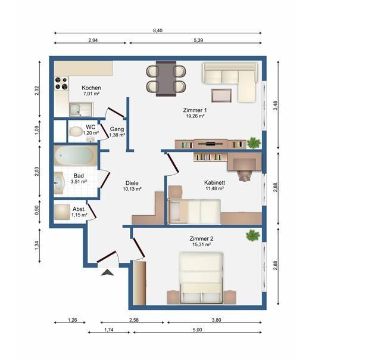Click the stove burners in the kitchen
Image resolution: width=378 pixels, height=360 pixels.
click(61, 83)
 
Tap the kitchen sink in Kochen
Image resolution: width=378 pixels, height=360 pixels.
click(81, 110)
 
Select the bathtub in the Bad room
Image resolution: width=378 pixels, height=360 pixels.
click(76, 156)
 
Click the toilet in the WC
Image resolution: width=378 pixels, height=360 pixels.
click(76, 131)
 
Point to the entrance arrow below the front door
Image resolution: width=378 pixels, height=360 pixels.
click(107, 272)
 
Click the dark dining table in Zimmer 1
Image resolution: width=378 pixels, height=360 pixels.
click(166, 79)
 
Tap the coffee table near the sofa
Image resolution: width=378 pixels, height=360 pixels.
click(221, 95)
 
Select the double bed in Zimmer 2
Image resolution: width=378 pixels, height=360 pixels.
click(201, 278)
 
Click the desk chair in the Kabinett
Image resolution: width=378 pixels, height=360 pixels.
click(245, 175)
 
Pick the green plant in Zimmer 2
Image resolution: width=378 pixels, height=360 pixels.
click(253, 235)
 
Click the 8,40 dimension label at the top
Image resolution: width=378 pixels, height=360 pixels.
click(158, 30)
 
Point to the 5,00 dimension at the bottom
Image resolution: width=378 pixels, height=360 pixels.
click(197, 330)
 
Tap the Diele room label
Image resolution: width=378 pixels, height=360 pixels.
click(132, 183)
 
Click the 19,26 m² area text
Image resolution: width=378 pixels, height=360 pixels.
click(195, 116)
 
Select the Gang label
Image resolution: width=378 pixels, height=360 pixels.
click(117, 129)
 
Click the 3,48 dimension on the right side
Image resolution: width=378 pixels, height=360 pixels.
click(276, 105)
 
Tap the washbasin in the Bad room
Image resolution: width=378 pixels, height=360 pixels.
click(59, 183)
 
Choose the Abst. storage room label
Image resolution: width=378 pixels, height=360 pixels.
click(79, 209)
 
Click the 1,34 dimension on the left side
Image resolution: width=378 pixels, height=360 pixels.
click(37, 246)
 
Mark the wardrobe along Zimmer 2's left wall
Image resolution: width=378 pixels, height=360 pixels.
click(139, 283)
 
